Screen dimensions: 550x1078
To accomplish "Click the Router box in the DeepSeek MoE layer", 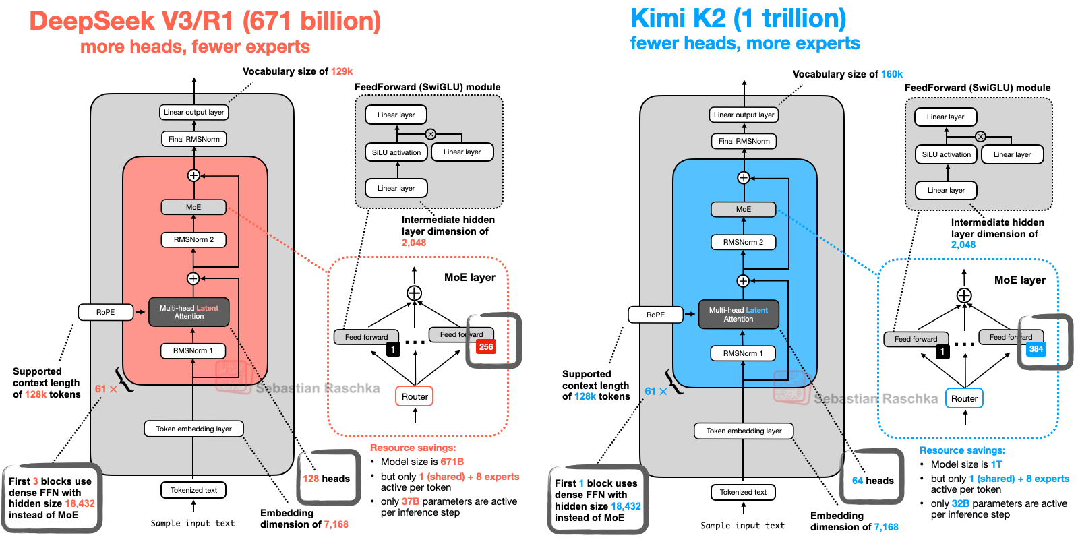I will [x=415, y=396].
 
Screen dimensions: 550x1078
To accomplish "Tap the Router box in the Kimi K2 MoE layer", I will [x=964, y=398].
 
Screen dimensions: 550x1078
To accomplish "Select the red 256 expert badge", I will [x=486, y=347].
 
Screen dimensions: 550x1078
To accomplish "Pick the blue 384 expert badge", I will [x=1036, y=349].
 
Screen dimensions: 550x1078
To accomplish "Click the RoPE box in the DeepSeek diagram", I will [x=105, y=312].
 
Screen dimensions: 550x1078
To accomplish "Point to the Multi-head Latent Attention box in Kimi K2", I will [x=738, y=315].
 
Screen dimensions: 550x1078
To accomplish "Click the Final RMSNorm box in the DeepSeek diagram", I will [x=193, y=139].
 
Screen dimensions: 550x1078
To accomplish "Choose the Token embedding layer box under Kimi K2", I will [x=744, y=431].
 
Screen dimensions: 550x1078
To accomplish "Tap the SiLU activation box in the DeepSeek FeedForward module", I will [x=396, y=152].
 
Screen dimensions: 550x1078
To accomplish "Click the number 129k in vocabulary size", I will [x=342, y=71].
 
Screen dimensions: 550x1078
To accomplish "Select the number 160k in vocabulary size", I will [x=892, y=74].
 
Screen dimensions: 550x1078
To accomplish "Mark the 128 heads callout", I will [x=326, y=479].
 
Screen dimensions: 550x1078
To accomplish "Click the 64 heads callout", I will [x=872, y=481].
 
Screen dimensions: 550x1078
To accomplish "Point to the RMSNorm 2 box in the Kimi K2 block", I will [x=743, y=242].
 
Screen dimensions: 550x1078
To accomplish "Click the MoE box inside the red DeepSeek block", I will [x=193, y=207].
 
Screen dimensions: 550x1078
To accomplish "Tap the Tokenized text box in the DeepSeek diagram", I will [x=193, y=490].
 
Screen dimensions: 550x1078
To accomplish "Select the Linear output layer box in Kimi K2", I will [x=744, y=115].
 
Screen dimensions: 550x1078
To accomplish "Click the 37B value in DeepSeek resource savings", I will [x=410, y=501].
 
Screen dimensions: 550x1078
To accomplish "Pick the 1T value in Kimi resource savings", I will [x=996, y=464].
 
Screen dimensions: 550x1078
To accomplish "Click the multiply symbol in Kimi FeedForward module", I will [x=980, y=136].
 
